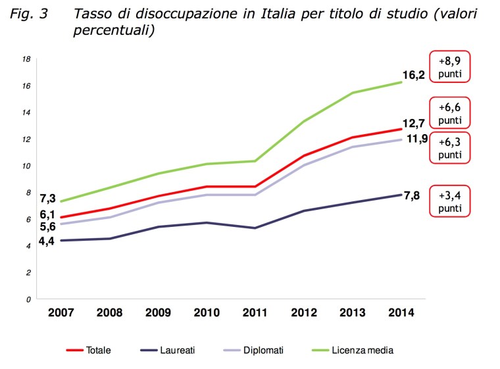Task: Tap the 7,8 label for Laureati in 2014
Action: (413, 195)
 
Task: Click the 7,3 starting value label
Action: (48, 198)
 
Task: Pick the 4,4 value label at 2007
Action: (46, 241)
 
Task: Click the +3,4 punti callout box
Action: (450, 200)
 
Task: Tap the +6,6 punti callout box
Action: (450, 113)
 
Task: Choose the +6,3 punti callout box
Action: (450, 147)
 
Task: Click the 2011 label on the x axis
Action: (255, 314)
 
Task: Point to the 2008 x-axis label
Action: (110, 314)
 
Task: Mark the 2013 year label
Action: (353, 314)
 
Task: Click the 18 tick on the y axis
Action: (27, 59)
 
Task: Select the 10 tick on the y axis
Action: (27, 166)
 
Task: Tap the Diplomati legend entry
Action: (262, 351)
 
